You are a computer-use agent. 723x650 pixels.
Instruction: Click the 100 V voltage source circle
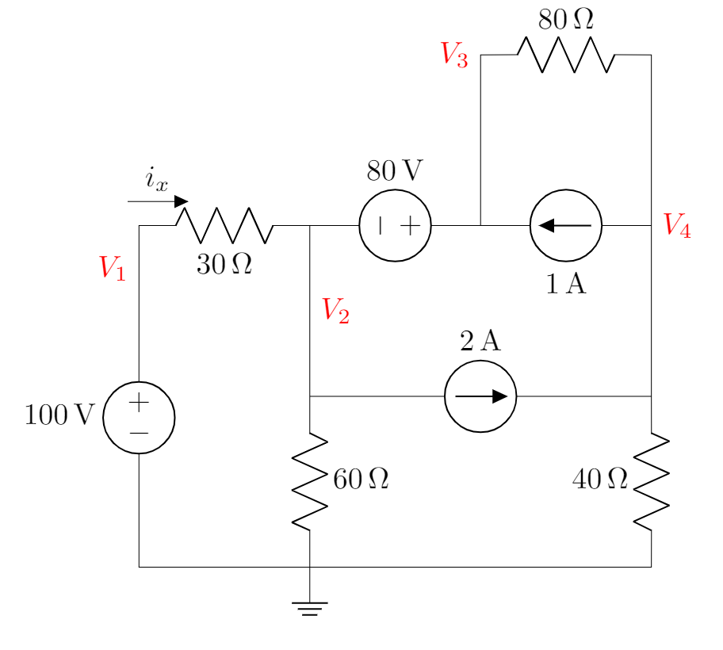139,418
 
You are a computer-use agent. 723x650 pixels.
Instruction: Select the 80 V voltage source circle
395,226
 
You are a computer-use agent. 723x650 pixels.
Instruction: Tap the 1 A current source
565,226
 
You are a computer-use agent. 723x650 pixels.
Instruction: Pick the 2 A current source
480,396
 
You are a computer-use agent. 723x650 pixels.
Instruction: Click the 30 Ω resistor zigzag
224,226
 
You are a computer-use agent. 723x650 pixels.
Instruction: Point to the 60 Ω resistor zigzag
309,481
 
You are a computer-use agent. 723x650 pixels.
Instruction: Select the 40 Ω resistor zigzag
651,481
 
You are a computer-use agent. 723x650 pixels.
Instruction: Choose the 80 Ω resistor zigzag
565,55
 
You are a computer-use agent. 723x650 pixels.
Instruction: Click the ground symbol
309,608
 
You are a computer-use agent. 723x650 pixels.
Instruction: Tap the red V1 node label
113,268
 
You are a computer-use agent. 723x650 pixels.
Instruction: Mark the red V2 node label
335,311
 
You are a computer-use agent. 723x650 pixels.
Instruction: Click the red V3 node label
454,54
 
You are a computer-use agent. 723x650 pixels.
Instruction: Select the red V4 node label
676,225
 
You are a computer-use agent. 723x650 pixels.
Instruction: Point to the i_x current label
156,179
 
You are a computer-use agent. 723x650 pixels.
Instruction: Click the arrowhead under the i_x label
182,201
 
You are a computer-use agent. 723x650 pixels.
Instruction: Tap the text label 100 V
59,415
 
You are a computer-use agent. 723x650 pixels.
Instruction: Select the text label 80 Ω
565,20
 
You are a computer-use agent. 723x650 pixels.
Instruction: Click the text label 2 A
480,341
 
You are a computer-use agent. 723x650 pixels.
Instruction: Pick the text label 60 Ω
361,480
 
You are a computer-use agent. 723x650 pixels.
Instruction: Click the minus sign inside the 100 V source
139,434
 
